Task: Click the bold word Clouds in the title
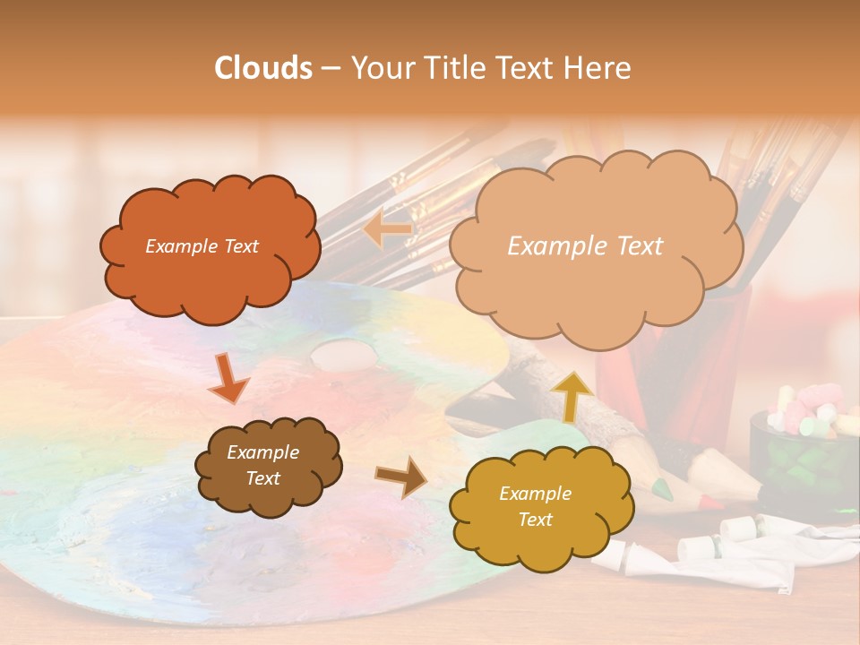tap(263, 68)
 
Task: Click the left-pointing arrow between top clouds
tap(387, 230)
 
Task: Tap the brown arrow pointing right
tap(401, 476)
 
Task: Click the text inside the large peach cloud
tap(585, 246)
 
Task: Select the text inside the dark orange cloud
tap(202, 246)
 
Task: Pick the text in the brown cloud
tap(262, 466)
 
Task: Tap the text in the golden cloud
tap(535, 507)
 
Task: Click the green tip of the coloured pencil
tap(661, 489)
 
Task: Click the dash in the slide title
tap(331, 69)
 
